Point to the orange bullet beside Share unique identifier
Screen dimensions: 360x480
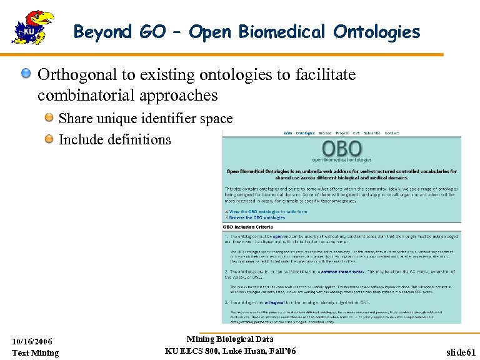[48, 118]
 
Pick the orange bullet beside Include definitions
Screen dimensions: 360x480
[48, 139]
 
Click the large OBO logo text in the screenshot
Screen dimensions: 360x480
[342, 149]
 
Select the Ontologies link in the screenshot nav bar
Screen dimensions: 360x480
[305, 133]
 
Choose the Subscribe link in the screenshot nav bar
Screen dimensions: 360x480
[372, 133]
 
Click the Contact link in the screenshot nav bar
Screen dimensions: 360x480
[392, 133]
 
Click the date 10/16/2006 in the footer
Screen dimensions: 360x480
[32, 341]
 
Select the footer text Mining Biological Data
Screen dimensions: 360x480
[230, 339]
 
